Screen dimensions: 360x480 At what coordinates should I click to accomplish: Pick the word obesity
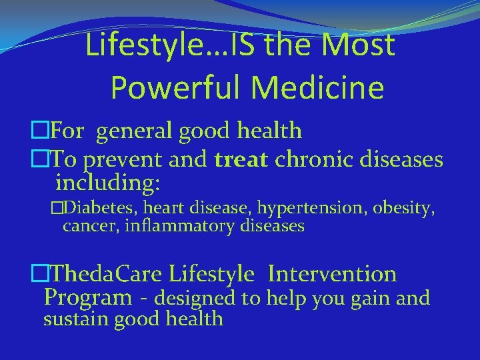405,209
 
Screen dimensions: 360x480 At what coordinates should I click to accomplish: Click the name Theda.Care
106,273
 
